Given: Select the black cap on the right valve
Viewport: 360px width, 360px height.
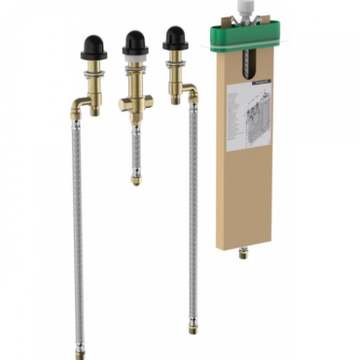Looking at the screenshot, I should [x=175, y=37].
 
